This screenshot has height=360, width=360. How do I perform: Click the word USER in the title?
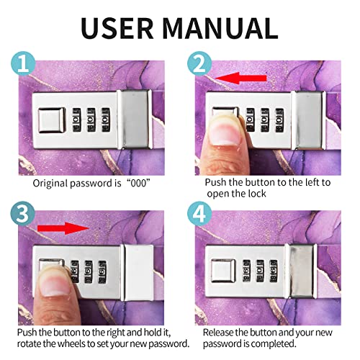pos(117,28)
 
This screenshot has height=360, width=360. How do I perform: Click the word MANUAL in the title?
pos(220,28)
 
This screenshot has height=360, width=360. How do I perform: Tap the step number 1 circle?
pos(23,63)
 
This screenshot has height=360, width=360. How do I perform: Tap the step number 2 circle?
pos(199,63)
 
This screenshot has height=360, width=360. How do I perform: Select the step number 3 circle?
pos(23,213)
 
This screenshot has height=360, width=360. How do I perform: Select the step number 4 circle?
pos(199,213)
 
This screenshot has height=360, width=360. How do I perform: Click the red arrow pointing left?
pos(240,78)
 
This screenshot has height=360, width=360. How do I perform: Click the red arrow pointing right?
pos(63,228)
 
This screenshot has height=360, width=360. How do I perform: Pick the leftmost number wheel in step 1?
pos(77,120)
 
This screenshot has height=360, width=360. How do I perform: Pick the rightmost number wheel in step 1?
pos(106,120)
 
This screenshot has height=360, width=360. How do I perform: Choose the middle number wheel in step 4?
pos(260,271)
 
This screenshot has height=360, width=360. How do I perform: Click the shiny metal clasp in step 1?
pos(135,120)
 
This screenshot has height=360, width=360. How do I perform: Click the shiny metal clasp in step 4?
pos(302,271)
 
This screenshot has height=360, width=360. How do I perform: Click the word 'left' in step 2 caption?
pos(311,182)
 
